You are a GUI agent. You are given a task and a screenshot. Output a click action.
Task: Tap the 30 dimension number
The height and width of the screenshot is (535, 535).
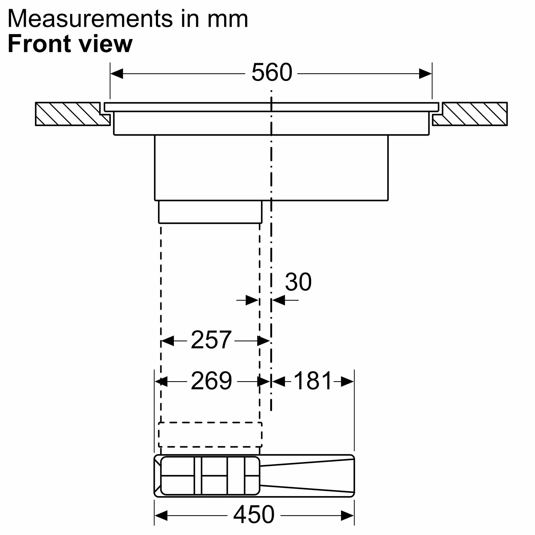point(298,282)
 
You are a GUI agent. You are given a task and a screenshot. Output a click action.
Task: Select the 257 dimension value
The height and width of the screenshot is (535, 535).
point(211,340)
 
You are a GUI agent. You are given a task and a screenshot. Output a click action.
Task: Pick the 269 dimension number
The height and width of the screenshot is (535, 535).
point(211,381)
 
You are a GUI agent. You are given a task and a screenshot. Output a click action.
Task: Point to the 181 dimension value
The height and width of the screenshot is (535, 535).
point(313,381)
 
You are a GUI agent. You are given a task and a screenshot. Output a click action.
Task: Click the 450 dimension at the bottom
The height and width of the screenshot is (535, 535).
point(254,514)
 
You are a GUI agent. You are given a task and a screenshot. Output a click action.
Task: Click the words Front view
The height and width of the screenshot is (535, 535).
point(70,44)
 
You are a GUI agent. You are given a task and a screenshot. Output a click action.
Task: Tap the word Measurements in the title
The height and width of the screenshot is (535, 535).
point(90,19)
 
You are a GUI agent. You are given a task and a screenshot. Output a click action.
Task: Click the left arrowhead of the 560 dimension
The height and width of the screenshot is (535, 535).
point(117,74)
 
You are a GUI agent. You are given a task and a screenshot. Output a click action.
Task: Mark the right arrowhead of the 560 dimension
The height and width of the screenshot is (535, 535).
point(425,74)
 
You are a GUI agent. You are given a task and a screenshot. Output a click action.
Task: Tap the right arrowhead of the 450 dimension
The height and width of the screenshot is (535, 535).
point(347,516)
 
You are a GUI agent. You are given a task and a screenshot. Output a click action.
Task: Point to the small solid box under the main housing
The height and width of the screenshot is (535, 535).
point(210,212)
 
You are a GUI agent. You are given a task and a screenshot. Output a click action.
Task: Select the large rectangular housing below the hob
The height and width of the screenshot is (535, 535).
point(271,167)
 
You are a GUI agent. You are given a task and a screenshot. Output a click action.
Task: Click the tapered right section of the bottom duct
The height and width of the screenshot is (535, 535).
point(307,476)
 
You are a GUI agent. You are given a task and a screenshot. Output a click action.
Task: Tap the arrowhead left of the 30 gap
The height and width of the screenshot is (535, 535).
point(252,300)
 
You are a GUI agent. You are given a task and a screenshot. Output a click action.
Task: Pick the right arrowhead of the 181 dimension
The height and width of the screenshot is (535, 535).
point(347,382)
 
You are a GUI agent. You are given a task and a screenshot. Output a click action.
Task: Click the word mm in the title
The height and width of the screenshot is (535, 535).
point(228,19)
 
